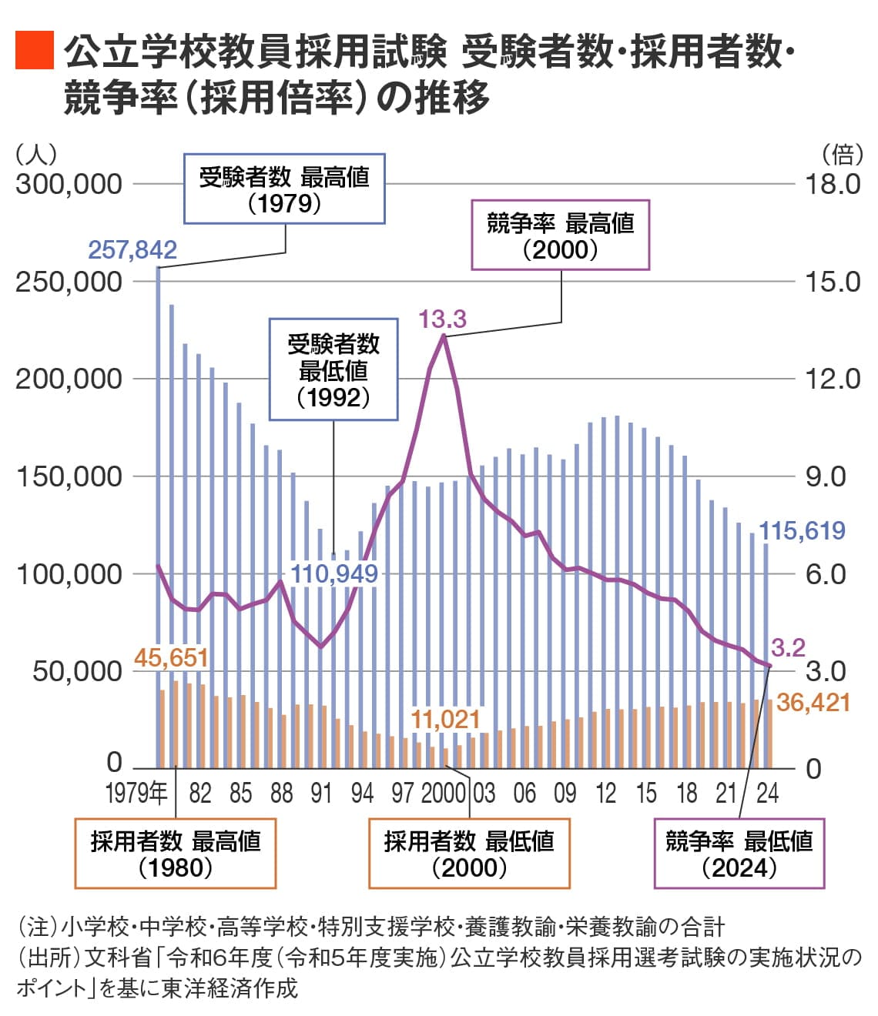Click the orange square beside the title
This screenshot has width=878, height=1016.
pyautogui.click(x=35, y=51)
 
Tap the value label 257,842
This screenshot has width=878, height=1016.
pyautogui.click(x=132, y=249)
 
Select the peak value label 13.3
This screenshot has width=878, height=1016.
pyautogui.click(x=442, y=319)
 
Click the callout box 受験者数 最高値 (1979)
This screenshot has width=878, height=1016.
pyautogui.click(x=284, y=189)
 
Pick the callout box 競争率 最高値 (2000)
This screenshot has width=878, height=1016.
pyautogui.click(x=560, y=236)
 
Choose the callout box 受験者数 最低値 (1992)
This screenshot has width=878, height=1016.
pyautogui.click(x=333, y=370)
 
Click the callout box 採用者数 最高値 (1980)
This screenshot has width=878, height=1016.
pyautogui.click(x=176, y=854)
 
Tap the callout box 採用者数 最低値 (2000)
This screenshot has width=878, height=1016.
pyautogui.click(x=469, y=854)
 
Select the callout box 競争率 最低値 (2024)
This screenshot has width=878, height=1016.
pyautogui.click(x=739, y=854)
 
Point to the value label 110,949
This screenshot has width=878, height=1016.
pyautogui.click(x=333, y=573)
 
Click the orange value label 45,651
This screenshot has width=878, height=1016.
pyautogui.click(x=171, y=657)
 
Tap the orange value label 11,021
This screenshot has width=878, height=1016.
pyautogui.click(x=445, y=720)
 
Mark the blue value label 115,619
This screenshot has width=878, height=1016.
pyautogui.click(x=802, y=530)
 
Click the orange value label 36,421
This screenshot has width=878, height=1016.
pyautogui.click(x=813, y=702)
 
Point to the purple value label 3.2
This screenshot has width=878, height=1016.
pyautogui.click(x=788, y=647)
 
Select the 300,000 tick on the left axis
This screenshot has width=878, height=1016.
pyautogui.click(x=69, y=184)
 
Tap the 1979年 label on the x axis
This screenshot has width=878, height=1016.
pyautogui.click(x=136, y=793)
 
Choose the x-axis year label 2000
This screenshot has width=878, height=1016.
pyautogui.click(x=443, y=793)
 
